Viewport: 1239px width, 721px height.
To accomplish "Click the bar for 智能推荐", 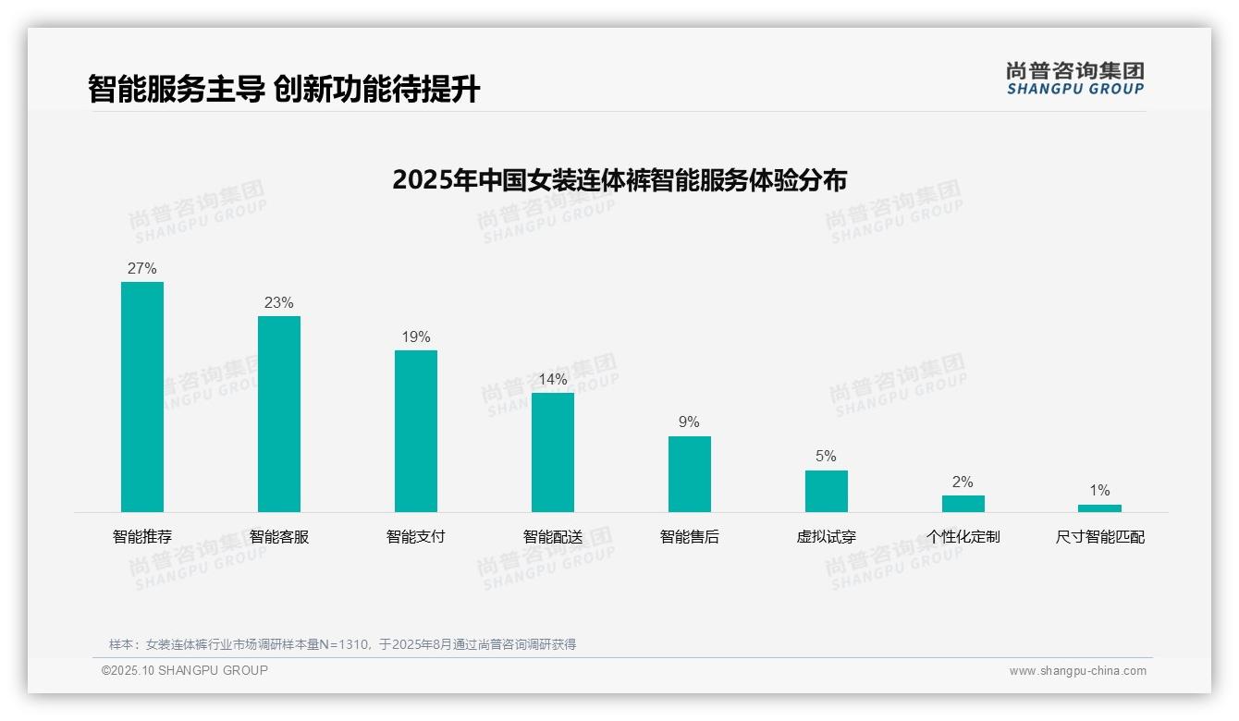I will tap(142, 397).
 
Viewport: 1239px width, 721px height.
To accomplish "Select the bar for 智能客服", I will tap(279, 414).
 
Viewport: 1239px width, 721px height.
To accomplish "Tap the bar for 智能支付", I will tap(416, 431).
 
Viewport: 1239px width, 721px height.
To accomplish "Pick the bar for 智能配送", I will tap(553, 452).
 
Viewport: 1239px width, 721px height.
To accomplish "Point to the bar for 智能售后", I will tap(690, 474).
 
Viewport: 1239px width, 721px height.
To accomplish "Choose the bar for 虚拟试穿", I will tap(827, 491).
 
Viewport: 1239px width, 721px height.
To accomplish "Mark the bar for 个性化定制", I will tap(963, 504).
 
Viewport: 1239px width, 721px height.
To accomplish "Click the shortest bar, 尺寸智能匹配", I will tap(1099, 508).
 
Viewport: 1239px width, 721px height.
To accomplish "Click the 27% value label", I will tap(142, 269).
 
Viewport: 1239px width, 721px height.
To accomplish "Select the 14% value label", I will tap(553, 380).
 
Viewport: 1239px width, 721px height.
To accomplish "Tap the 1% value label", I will tap(1099, 491).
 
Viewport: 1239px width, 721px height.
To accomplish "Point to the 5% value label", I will tap(826, 457).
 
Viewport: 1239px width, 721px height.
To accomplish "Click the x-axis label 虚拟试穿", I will tap(827, 537).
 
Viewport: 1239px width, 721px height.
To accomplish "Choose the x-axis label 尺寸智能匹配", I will tap(1099, 537).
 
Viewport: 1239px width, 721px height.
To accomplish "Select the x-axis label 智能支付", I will tap(416, 537).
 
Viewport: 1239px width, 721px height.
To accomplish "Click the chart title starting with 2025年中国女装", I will tap(619, 179).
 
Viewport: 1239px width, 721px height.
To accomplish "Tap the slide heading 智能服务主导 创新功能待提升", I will tap(284, 89).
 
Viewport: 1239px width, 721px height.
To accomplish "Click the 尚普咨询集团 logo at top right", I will tap(1075, 78).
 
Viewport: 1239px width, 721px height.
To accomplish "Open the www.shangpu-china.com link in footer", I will tap(1077, 671).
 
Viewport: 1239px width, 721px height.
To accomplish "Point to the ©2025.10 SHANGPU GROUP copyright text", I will tap(185, 670).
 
